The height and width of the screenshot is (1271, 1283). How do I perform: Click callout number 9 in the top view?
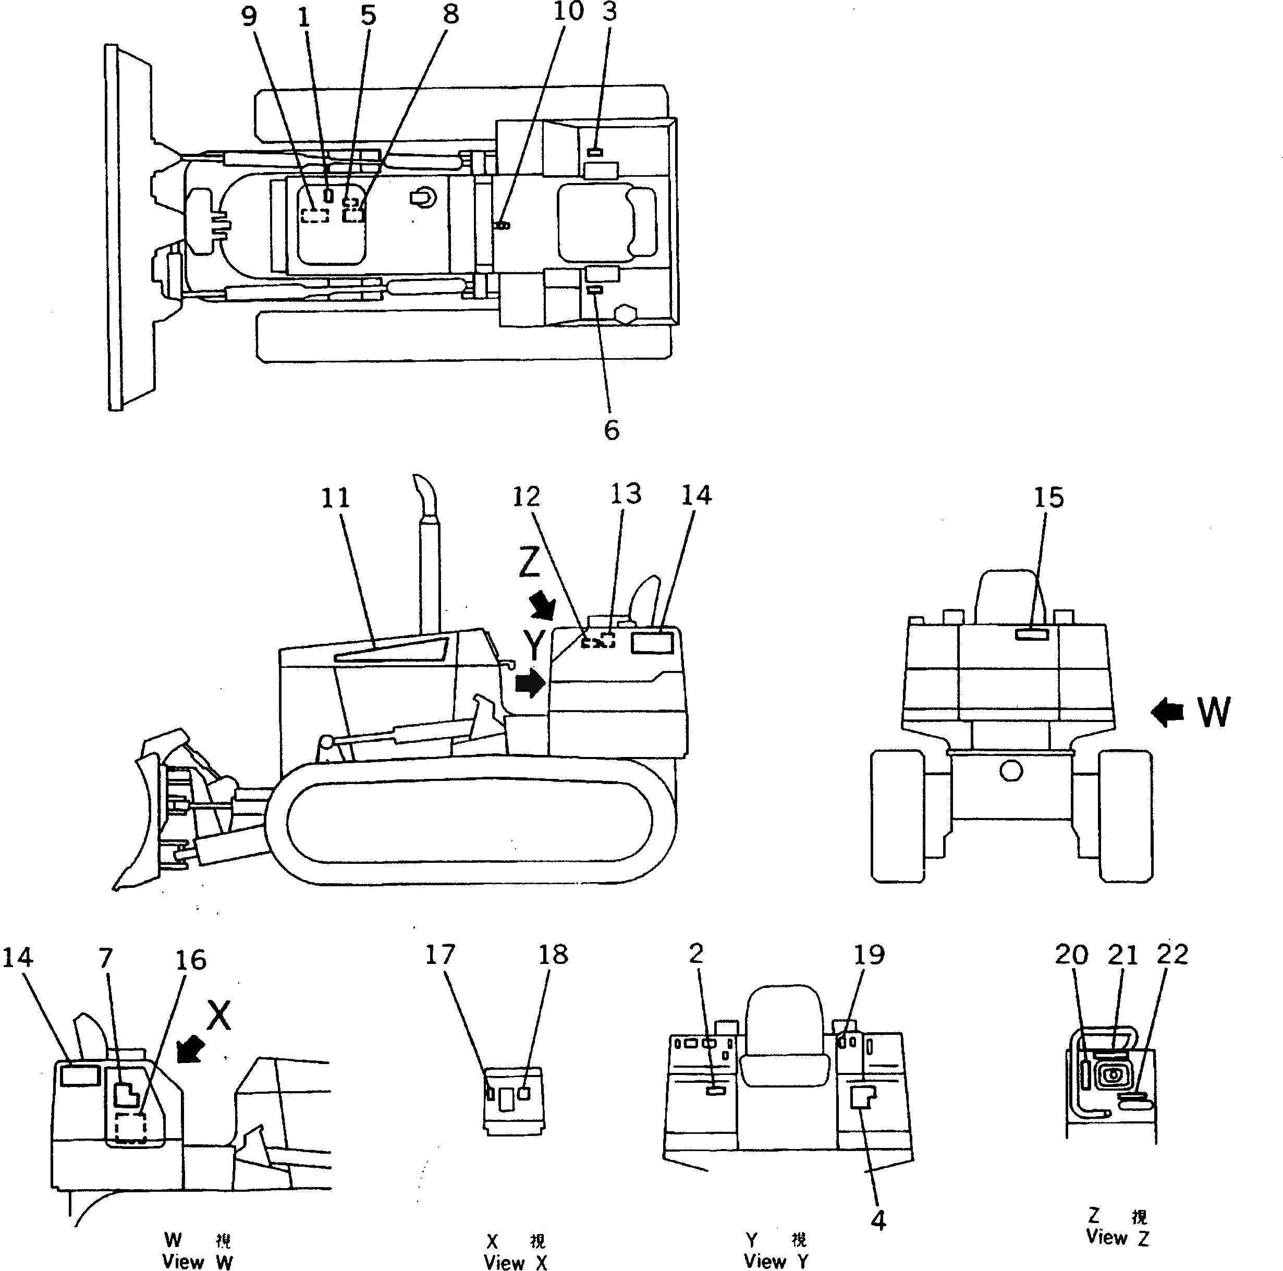coord(248,16)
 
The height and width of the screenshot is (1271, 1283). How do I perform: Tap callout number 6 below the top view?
coord(611,430)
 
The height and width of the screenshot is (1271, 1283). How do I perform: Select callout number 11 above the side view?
coord(335,498)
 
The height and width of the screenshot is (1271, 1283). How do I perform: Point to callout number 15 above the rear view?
coord(1048,497)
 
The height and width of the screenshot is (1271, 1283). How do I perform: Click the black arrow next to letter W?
coord(1167,713)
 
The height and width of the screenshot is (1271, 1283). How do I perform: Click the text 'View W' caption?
coord(197,1262)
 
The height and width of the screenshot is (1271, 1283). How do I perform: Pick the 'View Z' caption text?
coord(1117,1237)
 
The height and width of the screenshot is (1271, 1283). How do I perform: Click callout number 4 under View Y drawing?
coord(878,1220)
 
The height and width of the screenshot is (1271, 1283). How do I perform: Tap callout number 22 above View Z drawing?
coord(1171,954)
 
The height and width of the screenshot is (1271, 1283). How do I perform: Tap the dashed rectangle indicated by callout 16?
coord(130,1128)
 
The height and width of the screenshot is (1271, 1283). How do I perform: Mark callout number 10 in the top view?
coord(568,11)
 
